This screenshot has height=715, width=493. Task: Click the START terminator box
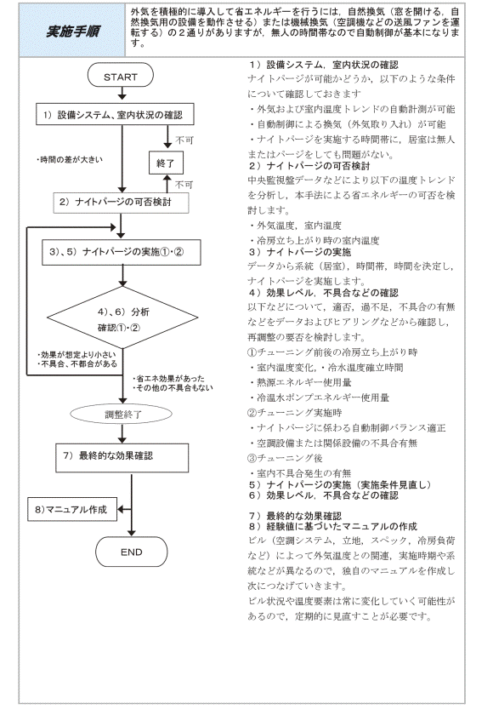(x=120, y=76)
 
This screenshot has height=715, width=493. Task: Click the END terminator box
(x=131, y=552)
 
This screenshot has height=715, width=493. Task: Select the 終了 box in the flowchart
(x=166, y=163)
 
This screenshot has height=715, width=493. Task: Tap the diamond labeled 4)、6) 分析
(x=122, y=317)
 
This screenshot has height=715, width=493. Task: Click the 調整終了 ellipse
(x=121, y=414)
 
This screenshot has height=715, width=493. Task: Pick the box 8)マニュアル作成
(x=72, y=509)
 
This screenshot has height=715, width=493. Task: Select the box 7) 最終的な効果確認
(x=122, y=458)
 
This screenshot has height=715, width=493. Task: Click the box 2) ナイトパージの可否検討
(x=121, y=203)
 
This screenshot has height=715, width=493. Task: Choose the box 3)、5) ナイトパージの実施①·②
(x=122, y=252)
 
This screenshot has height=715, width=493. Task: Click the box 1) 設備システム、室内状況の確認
(x=115, y=114)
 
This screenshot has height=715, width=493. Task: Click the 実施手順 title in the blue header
(x=73, y=31)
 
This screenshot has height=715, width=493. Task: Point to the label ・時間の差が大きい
(x=70, y=160)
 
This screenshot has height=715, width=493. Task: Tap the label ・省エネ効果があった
(x=169, y=379)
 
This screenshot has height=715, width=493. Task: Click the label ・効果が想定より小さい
(x=76, y=354)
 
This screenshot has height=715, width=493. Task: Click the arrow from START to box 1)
(x=122, y=94)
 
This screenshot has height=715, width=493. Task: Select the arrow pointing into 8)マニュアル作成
(x=124, y=509)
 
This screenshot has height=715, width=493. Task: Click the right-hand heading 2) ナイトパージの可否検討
(x=309, y=165)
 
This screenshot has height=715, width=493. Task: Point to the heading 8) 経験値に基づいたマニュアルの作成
(x=332, y=526)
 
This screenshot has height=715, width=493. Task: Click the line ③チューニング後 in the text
(x=285, y=458)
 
